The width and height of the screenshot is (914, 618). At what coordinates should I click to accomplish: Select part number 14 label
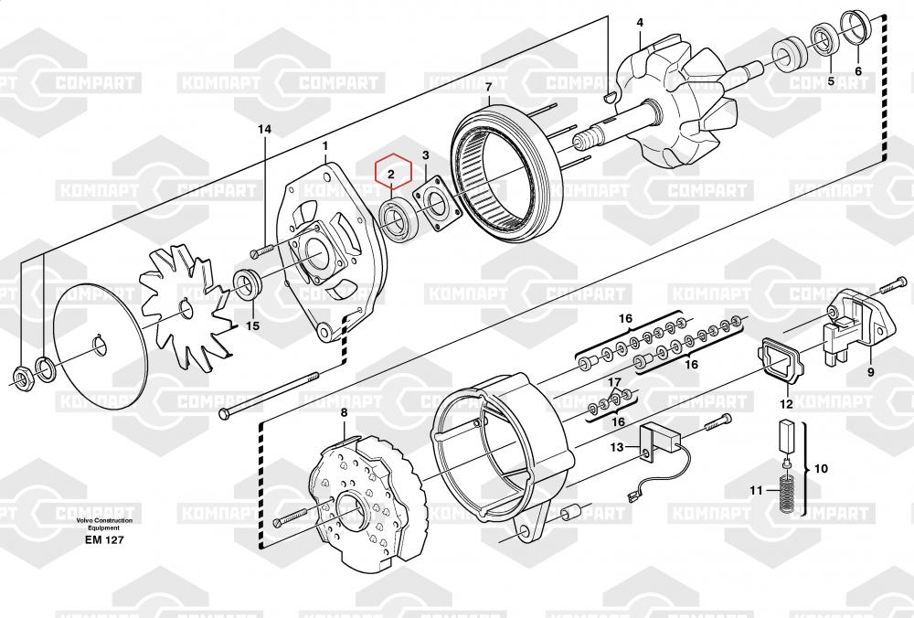coord(265,129)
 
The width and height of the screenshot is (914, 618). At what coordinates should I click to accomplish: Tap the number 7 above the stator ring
coord(488,87)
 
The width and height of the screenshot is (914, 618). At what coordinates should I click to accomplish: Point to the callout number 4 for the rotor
coord(640,23)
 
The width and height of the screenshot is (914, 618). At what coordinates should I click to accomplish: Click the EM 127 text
coord(104,540)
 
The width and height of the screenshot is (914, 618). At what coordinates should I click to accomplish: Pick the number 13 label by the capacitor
coord(617,447)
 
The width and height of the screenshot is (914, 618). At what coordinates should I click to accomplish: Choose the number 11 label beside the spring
coord(756,490)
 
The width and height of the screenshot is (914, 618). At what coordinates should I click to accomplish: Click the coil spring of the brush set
coord(789,494)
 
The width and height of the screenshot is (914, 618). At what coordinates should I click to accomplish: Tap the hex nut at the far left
coord(22,379)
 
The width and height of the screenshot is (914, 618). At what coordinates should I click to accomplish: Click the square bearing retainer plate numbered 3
coord(437,207)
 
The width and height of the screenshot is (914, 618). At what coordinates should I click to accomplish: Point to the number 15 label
coord(252,325)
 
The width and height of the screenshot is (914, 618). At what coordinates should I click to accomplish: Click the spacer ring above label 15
coord(247,285)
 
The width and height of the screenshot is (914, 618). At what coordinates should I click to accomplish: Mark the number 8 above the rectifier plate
coord(344,412)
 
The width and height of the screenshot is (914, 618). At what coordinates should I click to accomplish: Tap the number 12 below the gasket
coord(786,404)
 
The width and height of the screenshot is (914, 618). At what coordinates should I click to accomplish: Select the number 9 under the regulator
coord(871,371)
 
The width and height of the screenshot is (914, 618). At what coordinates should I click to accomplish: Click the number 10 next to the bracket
coord(821,468)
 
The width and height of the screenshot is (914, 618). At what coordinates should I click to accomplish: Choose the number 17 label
coord(615,382)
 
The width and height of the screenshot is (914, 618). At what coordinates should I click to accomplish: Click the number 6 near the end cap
coord(858,71)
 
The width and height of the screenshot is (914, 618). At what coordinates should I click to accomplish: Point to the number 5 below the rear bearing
coord(831,81)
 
